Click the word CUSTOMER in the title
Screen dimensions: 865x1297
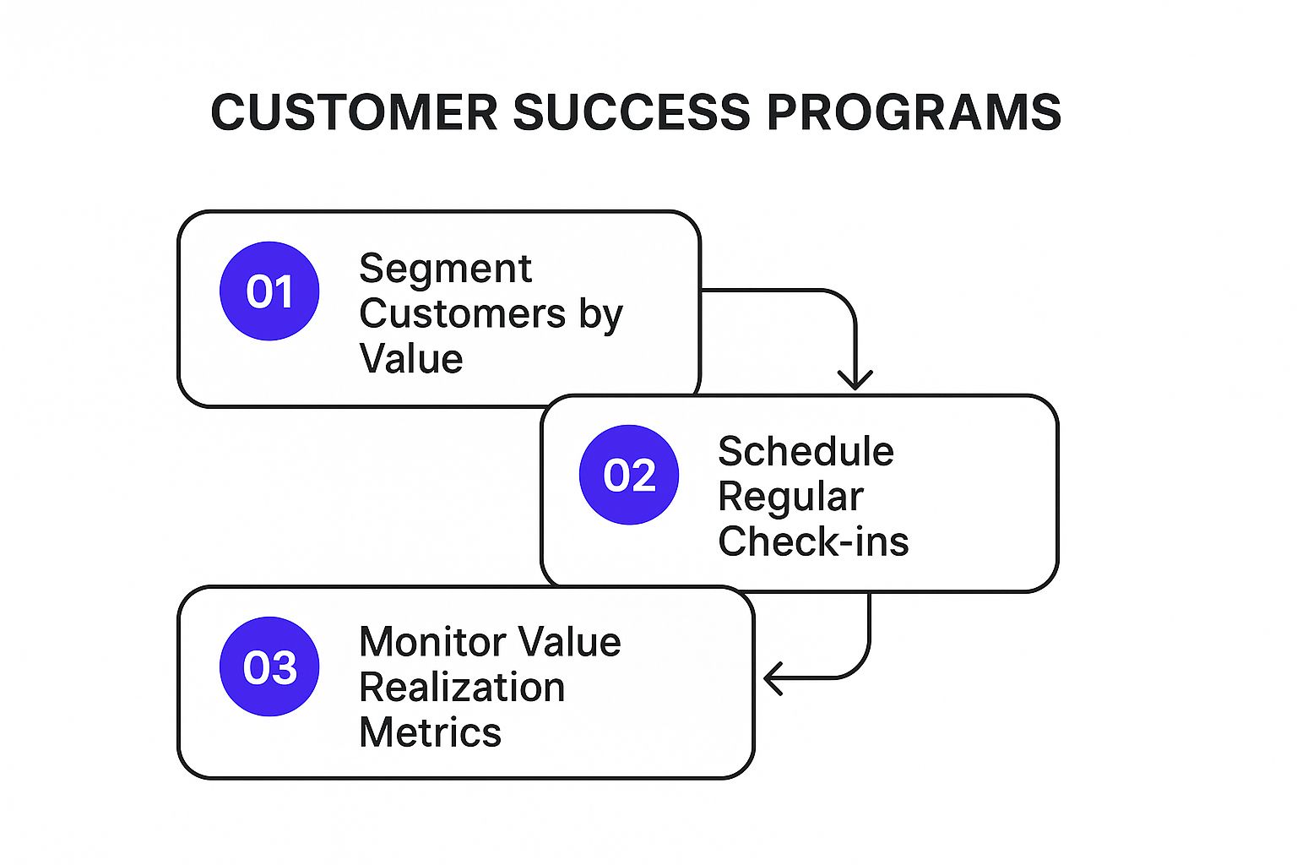coord(354,112)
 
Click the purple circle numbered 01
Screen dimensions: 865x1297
coord(269,291)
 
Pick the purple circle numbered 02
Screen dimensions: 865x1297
coord(629,475)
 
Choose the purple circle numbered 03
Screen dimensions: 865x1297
coord(269,666)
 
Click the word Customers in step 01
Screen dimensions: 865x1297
coord(462,313)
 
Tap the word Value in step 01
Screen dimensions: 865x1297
coord(411,358)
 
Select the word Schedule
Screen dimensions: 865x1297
coord(806,452)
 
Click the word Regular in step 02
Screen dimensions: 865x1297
coord(790,497)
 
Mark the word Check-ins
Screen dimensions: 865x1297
coord(813,541)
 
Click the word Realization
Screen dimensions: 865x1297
coord(462,688)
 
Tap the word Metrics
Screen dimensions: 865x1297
coord(430,732)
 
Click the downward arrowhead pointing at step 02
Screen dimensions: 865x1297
coord(855,379)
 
